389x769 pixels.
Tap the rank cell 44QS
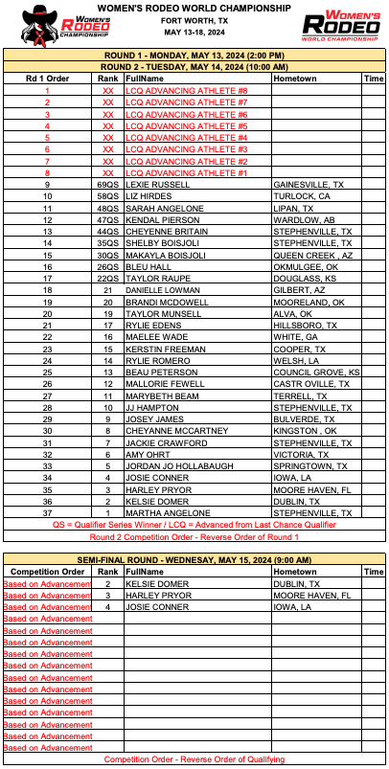coord(107,232)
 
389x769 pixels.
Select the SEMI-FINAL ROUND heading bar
coord(194,558)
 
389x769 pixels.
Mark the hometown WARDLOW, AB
coord(300,219)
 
